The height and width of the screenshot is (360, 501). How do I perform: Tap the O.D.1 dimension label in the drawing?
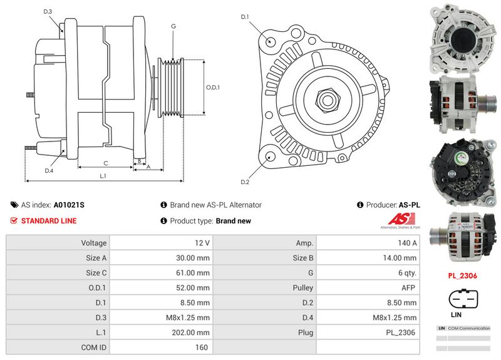(214, 87)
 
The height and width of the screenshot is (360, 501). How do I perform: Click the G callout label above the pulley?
(173, 26)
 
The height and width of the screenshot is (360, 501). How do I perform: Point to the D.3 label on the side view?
(48, 12)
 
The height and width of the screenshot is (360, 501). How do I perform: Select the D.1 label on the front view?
(245, 16)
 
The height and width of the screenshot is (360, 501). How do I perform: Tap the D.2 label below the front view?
(245, 182)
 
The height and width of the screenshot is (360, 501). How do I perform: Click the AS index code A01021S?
(69, 205)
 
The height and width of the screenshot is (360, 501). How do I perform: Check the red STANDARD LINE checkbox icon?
(14, 221)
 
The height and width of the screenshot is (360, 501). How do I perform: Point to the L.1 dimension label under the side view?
(103, 176)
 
